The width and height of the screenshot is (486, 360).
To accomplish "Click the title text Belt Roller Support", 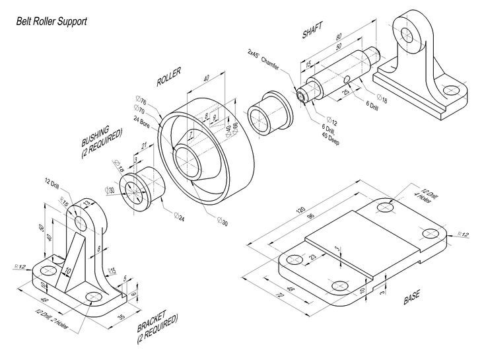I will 52,21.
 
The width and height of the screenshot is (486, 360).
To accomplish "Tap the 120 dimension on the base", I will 300,210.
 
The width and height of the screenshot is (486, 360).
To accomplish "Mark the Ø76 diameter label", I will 140,100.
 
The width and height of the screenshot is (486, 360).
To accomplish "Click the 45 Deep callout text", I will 329,139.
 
